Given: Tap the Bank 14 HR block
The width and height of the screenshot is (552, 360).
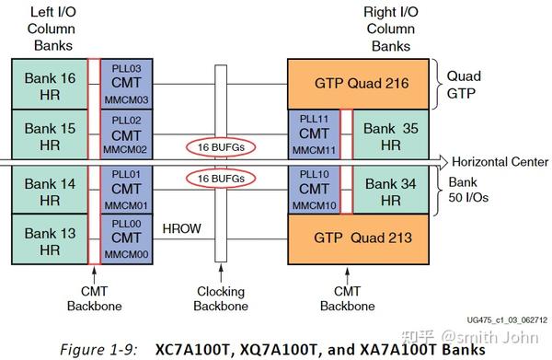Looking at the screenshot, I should point(48,192).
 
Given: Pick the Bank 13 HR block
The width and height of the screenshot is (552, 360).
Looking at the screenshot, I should point(48,242).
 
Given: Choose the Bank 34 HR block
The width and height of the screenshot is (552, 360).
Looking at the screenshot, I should point(391,192).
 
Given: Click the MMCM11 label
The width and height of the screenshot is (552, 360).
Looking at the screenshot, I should point(313,150).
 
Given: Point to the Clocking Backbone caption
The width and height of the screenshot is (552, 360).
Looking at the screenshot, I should point(220,298).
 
